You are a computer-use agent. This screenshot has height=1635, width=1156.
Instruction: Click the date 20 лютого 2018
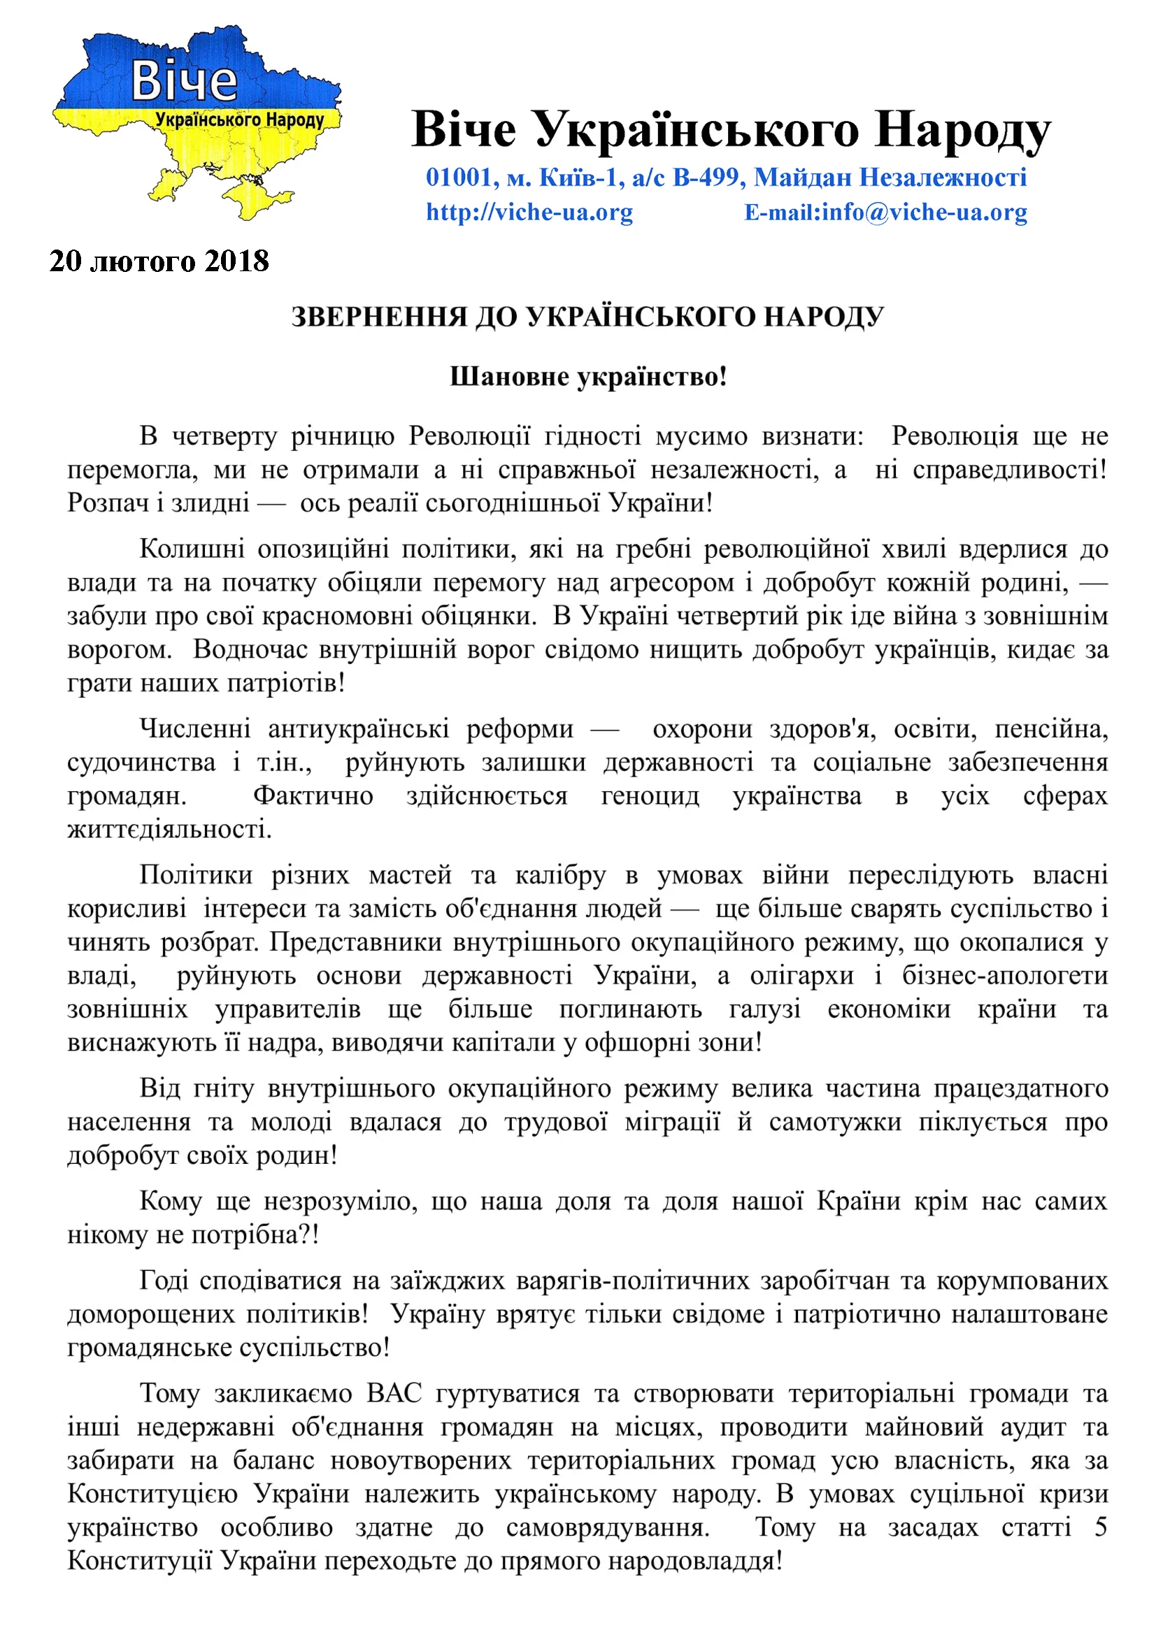(159, 261)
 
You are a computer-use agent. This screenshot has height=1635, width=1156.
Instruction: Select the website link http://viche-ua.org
(529, 213)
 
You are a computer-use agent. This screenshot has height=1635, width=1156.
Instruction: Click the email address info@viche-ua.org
(925, 213)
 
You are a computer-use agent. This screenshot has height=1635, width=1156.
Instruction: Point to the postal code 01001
(459, 177)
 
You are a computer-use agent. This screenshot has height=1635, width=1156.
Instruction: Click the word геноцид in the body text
(650, 795)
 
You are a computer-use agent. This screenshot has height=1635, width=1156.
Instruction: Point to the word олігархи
(801, 975)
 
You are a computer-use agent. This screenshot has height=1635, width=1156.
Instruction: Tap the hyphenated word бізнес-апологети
(1005, 975)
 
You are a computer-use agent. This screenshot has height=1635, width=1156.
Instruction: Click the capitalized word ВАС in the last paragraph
(394, 1393)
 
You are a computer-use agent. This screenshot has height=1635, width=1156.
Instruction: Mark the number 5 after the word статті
(1101, 1527)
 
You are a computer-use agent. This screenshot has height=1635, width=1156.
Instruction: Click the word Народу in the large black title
(963, 130)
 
